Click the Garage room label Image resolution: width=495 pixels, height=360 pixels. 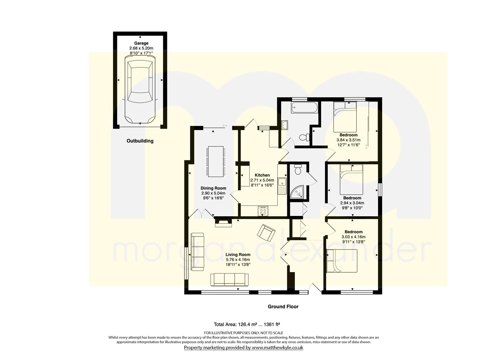[x=141, y=43]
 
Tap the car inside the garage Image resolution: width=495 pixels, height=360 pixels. [x=140, y=90]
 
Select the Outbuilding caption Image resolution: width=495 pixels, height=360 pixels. [x=140, y=141]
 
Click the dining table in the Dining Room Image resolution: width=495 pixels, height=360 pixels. [x=216, y=162]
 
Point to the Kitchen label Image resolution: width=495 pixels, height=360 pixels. [x=262, y=175]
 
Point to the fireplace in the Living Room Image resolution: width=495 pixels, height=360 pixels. [x=290, y=222]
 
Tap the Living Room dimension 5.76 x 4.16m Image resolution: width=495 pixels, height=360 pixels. [x=238, y=260]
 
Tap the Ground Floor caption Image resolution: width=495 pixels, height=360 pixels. [x=283, y=307]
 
